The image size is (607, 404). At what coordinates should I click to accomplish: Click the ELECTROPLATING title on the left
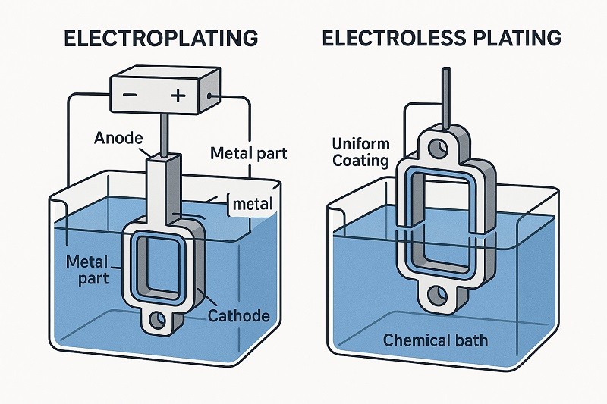click(160, 37)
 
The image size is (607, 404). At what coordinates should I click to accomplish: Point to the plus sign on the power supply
click(179, 96)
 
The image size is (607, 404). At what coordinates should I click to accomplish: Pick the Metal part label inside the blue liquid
click(89, 270)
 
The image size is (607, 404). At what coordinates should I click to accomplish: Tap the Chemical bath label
click(436, 340)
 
